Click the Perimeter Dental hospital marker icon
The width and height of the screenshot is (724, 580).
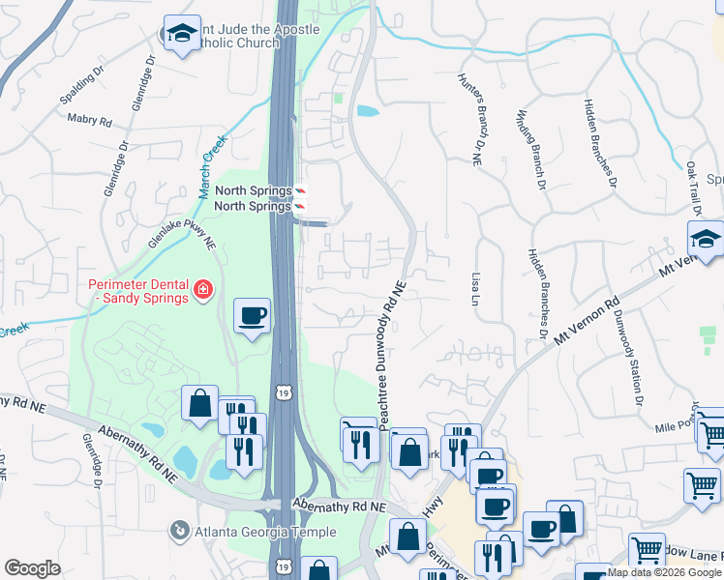[203, 289]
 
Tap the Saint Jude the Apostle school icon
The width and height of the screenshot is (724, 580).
[179, 35]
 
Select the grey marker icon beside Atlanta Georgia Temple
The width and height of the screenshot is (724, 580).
[179, 531]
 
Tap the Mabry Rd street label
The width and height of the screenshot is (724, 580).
[90, 121]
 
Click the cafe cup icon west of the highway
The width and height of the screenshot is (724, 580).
[252, 316]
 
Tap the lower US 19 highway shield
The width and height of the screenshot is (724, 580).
[282, 565]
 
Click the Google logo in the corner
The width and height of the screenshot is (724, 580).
[32, 568]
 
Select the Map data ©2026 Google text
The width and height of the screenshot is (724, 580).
[664, 572]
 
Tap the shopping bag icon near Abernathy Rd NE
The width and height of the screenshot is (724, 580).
[199, 403]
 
